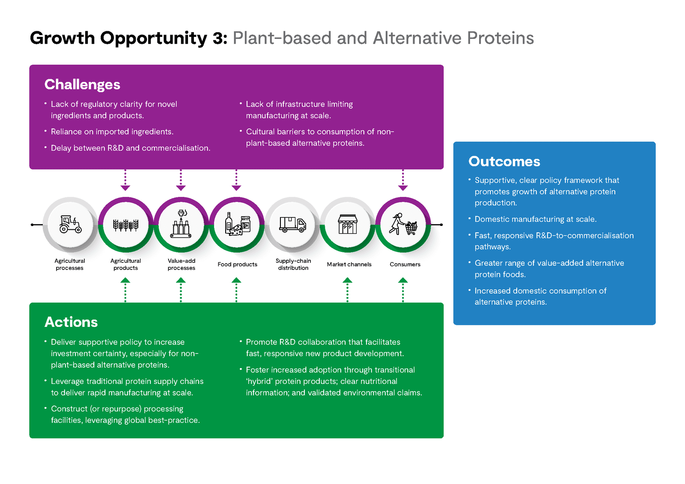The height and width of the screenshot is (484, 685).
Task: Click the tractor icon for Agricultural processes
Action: tap(70, 224)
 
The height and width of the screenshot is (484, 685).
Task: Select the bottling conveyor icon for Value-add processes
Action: tap(181, 224)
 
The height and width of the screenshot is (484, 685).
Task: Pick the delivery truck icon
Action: tap(292, 225)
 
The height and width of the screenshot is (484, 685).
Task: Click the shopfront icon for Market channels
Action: tap(347, 224)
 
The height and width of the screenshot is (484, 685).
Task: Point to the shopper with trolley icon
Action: tap(403, 224)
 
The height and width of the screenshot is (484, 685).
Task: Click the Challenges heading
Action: tap(82, 85)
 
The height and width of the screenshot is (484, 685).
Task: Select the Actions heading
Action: tap(71, 322)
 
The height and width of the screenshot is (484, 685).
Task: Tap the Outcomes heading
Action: tap(504, 161)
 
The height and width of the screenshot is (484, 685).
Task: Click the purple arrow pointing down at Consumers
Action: tap(403, 180)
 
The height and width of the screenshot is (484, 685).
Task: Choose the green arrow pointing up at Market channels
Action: tap(347, 290)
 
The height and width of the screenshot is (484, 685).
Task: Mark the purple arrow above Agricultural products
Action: tap(125, 180)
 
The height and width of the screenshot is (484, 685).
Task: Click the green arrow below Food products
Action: tap(236, 290)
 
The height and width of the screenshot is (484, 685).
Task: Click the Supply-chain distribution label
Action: tap(293, 264)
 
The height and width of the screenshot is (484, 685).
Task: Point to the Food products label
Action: tap(237, 264)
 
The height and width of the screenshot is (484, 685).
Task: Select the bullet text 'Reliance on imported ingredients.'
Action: tap(112, 132)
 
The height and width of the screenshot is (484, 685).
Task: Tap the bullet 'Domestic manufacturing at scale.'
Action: tap(536, 219)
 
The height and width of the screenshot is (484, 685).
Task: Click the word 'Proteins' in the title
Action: tap(500, 38)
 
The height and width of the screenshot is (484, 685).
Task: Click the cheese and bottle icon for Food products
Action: tap(238, 224)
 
